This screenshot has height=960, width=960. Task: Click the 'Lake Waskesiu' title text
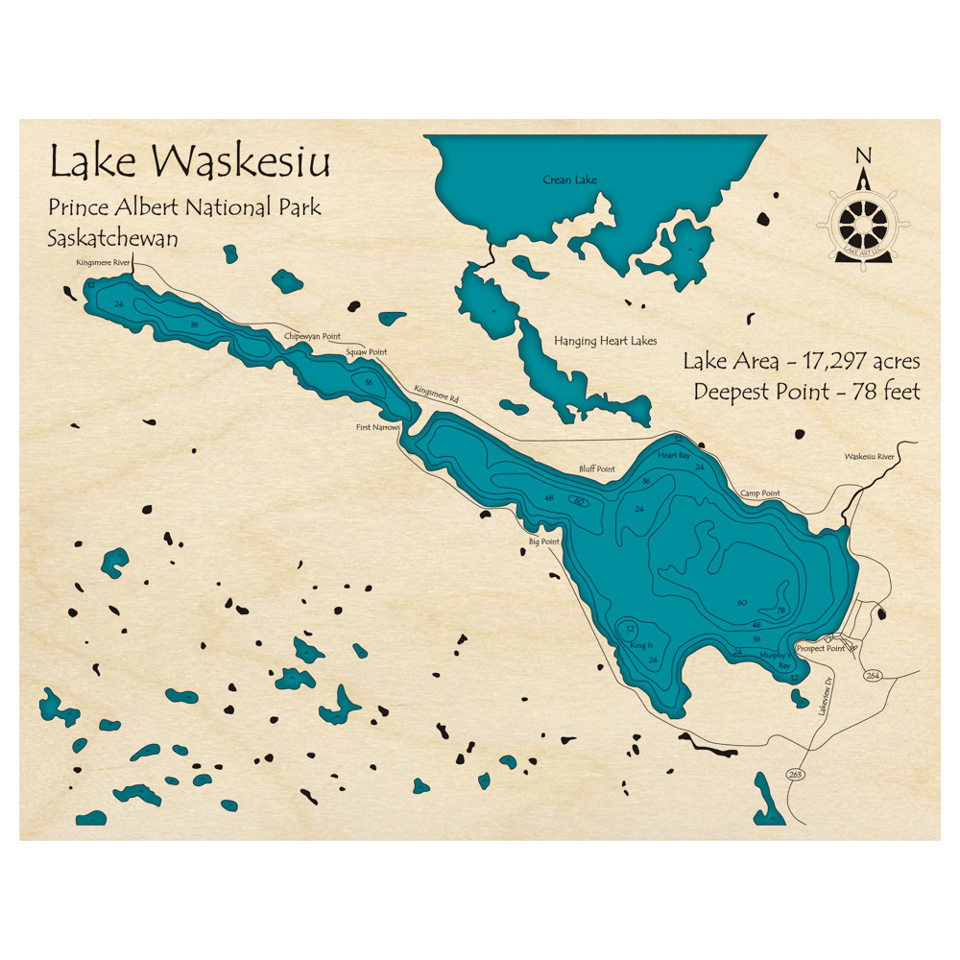(189, 162)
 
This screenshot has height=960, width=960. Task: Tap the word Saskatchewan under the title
(112, 239)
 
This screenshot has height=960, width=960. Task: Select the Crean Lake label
(569, 180)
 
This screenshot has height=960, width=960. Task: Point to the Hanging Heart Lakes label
(605, 341)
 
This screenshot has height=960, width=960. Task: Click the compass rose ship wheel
(863, 223)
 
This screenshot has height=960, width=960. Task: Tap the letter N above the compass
(863, 156)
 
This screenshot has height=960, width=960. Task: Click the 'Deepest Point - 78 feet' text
(806, 392)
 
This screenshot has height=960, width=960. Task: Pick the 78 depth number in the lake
(780, 611)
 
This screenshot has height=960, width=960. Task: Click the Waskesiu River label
(869, 457)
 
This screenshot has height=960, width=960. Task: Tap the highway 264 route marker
(872, 676)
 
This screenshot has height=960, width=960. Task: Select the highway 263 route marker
(794, 774)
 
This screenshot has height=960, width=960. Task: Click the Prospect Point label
(821, 648)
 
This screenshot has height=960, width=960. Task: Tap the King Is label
(641, 647)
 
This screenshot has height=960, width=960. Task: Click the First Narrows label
(377, 426)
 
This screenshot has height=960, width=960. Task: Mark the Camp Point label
(759, 493)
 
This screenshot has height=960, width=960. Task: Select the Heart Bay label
(674, 455)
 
